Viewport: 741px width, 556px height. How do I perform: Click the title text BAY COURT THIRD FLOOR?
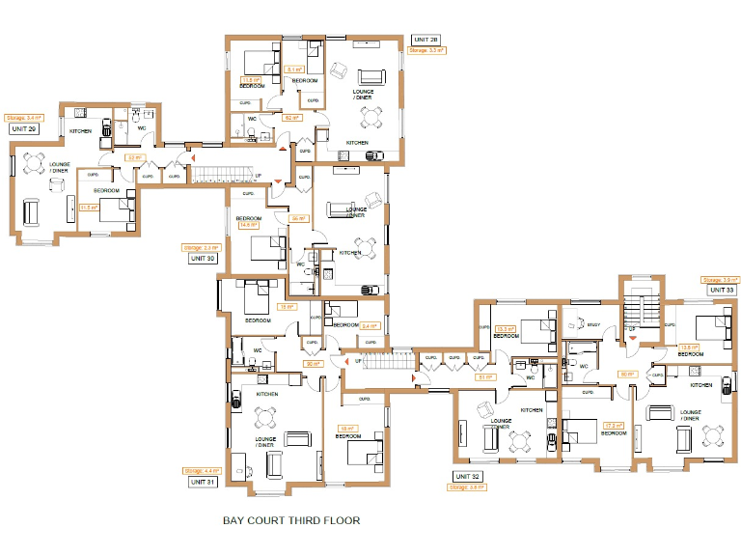(291, 520)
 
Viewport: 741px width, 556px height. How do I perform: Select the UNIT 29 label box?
(23, 128)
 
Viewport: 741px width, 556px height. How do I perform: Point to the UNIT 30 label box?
(202, 259)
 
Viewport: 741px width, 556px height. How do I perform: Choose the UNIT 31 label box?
(202, 481)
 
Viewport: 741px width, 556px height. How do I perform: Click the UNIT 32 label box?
(467, 476)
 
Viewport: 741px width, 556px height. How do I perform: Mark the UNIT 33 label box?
(721, 290)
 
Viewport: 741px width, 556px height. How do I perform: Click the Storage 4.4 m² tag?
(199, 470)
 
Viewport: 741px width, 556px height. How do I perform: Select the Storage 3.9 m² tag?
(719, 279)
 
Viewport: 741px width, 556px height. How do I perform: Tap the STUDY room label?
(593, 326)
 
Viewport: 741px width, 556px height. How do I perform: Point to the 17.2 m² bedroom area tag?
(610, 425)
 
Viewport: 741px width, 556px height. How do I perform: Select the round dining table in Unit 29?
(34, 162)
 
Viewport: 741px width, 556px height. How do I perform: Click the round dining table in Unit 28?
(370, 117)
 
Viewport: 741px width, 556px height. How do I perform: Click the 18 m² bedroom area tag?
(346, 428)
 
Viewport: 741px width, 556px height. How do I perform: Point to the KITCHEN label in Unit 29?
(80, 130)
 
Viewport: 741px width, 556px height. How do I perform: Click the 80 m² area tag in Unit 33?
(626, 374)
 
